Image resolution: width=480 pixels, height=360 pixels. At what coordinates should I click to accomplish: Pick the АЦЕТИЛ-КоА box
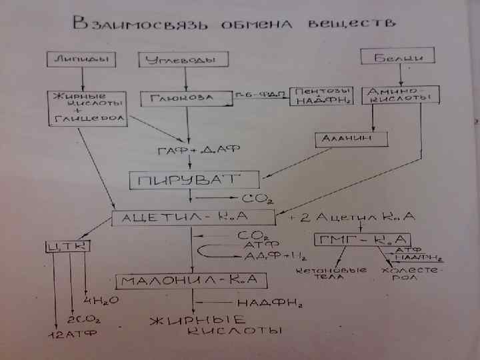point(194,217)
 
